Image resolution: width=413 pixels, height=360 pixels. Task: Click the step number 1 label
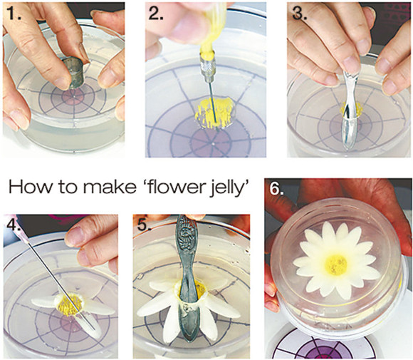(x=14, y=13)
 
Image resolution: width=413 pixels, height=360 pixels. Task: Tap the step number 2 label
(x=156, y=13)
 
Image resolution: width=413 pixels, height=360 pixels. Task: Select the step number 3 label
(x=300, y=13)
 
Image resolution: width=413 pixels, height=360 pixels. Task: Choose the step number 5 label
(x=144, y=225)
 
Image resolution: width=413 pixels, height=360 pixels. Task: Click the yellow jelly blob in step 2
(x=214, y=113)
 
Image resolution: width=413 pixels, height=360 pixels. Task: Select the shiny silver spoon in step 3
(x=350, y=110)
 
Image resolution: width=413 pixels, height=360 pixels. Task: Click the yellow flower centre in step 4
(x=70, y=304)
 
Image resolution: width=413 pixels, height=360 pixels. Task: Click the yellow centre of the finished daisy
(x=336, y=264)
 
